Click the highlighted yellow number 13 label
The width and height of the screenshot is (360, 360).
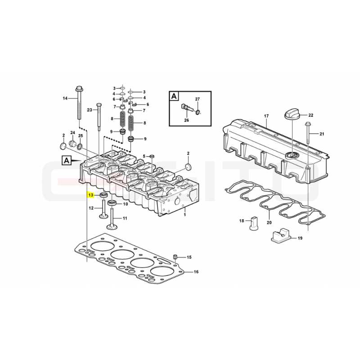click(x=91, y=195)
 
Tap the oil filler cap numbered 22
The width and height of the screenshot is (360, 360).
click(x=292, y=114)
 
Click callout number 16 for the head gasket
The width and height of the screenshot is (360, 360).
click(x=196, y=272)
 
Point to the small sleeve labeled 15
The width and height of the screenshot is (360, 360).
click(x=175, y=256)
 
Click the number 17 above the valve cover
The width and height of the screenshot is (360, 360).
click(x=266, y=116)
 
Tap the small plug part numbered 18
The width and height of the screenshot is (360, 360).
click(x=254, y=222)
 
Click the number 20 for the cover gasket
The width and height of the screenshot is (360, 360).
click(x=269, y=222)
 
